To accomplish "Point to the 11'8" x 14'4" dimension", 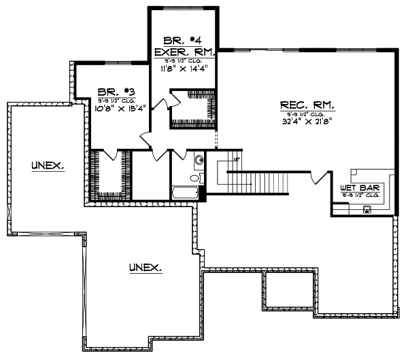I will [x=184, y=69].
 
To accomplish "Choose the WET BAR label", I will [x=359, y=187].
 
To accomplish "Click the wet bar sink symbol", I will [x=367, y=208].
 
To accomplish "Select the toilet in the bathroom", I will [x=195, y=178].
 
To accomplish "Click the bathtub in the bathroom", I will [x=184, y=193].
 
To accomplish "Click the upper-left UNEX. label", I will [x=47, y=165].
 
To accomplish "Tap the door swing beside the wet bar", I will [x=316, y=178].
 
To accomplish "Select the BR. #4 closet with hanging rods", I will [x=192, y=109].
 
